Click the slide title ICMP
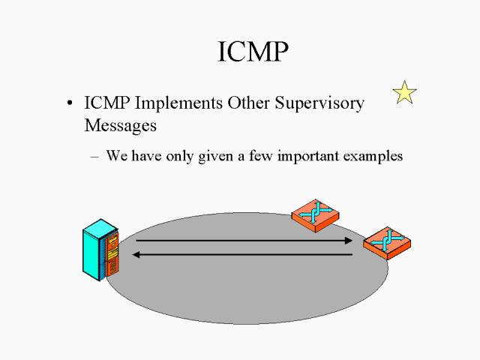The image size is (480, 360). click(253, 52)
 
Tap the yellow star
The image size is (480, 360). click(404, 92)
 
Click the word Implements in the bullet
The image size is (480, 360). click(178, 103)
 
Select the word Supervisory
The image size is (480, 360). click(319, 103)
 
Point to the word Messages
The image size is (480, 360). click(120, 125)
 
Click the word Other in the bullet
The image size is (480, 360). click(248, 103)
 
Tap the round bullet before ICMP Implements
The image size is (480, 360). click(70, 103)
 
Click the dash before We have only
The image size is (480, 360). click(94, 157)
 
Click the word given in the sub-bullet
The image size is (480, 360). click(215, 157)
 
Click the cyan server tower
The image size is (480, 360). click(100, 250)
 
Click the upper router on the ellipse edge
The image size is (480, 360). click(315, 216)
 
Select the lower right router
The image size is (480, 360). click(387, 243)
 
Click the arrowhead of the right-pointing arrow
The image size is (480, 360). click(349, 241)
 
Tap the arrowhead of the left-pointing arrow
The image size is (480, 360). click(136, 254)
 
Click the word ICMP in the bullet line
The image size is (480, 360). click(106, 103)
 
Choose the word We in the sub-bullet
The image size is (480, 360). click(117, 156)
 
